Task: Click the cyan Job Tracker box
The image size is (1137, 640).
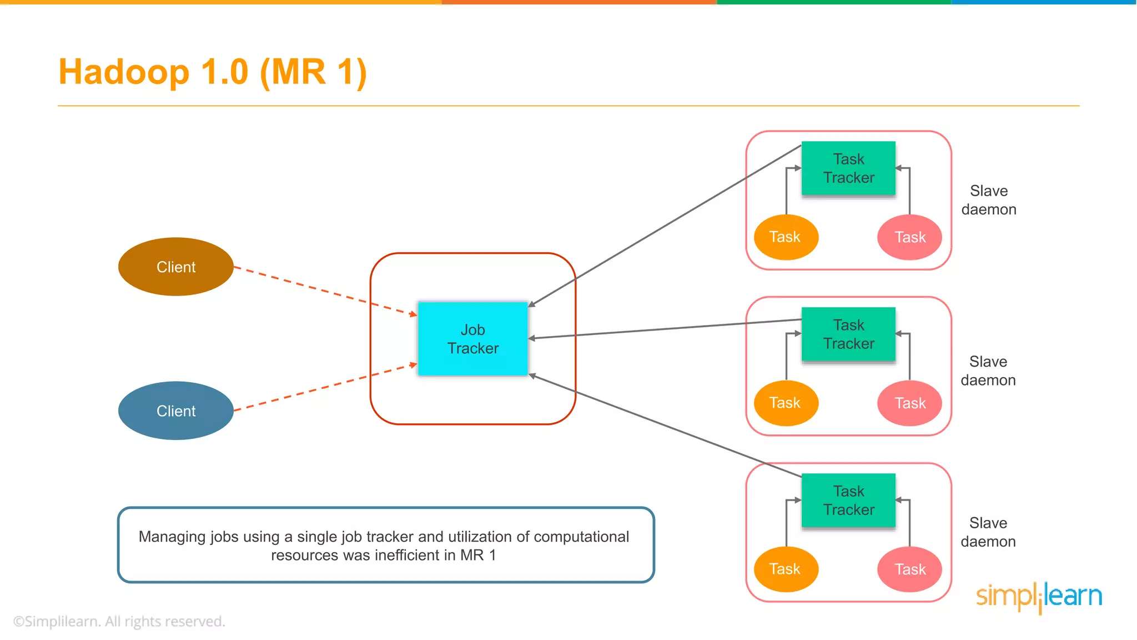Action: coord(472,339)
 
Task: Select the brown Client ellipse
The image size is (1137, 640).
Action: coord(175,267)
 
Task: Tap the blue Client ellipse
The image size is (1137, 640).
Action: coord(175,411)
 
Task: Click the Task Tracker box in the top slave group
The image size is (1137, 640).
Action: coord(848,168)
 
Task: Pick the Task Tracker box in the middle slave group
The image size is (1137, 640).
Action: coord(848,334)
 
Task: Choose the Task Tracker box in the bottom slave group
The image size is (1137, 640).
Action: coord(848,500)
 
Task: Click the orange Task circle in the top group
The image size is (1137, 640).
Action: coord(786,237)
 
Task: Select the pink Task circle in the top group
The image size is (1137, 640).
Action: coord(909,237)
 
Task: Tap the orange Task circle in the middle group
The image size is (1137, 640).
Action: coord(786,403)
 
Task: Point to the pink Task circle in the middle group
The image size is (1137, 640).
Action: coord(909,403)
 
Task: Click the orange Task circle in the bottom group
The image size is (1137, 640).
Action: coord(786,569)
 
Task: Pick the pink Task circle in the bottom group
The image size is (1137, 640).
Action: coord(909,569)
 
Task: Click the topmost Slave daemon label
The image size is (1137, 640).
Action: coord(989,200)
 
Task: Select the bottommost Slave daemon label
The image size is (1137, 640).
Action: coord(988,532)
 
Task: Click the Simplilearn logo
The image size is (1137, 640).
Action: coord(1039,597)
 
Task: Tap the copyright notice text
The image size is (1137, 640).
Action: coord(119,621)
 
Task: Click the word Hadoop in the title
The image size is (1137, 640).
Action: coord(124,72)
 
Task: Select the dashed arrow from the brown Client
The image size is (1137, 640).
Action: coord(325,291)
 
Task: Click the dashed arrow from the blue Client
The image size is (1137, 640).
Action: coord(325,388)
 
